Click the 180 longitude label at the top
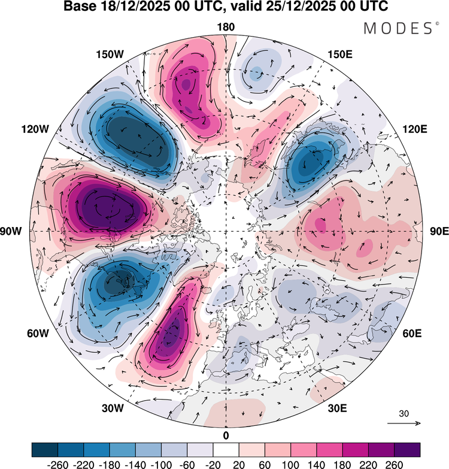[226, 27]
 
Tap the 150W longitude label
[110, 55]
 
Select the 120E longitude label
[415, 129]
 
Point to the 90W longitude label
[11, 231]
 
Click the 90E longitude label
[439, 231]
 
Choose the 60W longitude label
[38, 333]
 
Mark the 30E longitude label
[337, 408]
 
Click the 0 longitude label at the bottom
[226, 436]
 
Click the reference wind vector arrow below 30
[404, 423]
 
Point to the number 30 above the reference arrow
[404, 414]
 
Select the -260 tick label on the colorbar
[57, 465]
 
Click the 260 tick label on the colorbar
[395, 465]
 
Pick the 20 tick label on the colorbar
[239, 465]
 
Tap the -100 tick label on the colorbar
[161, 465]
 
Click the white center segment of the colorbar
[226, 450]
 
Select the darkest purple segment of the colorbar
[407, 450]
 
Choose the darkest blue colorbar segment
[44, 450]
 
